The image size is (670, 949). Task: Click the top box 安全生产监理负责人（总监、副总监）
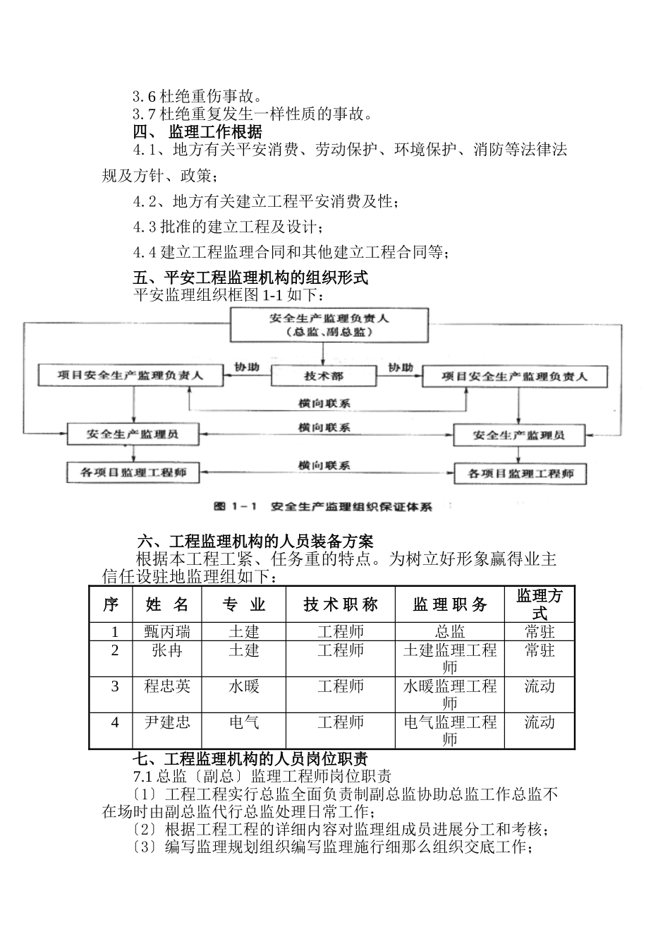click(x=329, y=325)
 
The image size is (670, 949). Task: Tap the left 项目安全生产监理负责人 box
click(x=131, y=376)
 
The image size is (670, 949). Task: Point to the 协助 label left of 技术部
click(x=246, y=367)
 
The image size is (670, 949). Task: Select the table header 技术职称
click(x=341, y=604)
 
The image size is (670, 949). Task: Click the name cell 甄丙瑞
click(x=167, y=631)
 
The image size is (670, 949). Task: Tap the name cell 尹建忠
click(x=167, y=722)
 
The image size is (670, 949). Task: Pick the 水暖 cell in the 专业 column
click(x=244, y=686)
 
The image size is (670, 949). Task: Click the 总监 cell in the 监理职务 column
click(x=450, y=631)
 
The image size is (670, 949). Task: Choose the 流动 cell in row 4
click(x=540, y=722)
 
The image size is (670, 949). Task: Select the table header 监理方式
click(x=540, y=604)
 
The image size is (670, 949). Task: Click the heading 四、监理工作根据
click(x=198, y=131)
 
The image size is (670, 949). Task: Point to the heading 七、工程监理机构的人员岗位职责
click(x=250, y=759)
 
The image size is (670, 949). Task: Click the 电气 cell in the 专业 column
click(x=244, y=722)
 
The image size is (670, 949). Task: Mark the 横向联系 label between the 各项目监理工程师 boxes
click(x=324, y=465)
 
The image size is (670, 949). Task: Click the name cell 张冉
click(x=167, y=650)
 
